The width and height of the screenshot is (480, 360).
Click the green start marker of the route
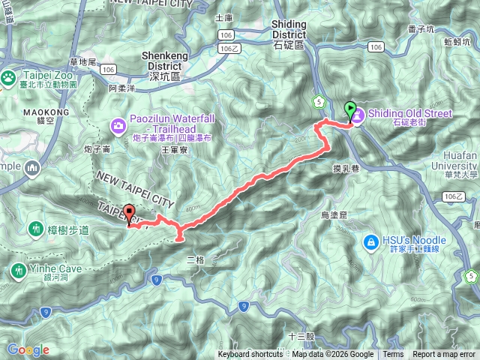click(x=349, y=111)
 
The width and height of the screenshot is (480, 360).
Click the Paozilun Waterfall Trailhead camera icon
click(x=118, y=124)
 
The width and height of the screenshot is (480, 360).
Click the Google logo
click(x=28, y=349)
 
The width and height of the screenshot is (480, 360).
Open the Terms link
click(x=393, y=355)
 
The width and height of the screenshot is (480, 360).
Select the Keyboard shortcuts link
click(x=250, y=355)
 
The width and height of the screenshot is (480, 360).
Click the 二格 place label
click(x=194, y=259)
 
